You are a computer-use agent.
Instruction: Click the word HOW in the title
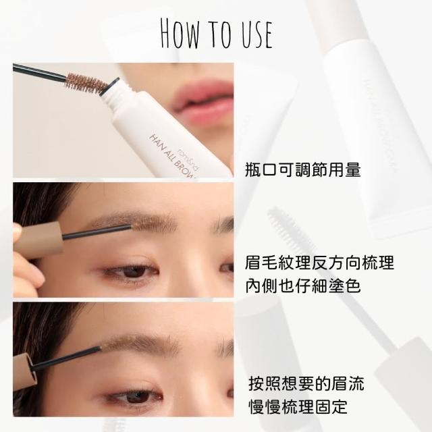point(180,34)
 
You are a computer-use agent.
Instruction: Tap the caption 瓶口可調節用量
point(303,169)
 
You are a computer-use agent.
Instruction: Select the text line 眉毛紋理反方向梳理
point(319,263)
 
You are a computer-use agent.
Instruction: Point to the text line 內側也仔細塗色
point(303,286)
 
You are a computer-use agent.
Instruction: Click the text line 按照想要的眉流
point(306,383)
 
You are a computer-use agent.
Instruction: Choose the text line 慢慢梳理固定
point(298,406)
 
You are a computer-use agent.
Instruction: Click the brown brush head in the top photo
point(86,83)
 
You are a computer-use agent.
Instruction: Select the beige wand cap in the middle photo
point(39,240)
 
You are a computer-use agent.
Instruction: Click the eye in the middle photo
point(132,271)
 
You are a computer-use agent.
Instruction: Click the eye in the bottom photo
point(136,396)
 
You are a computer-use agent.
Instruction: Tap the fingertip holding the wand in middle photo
point(18,230)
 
